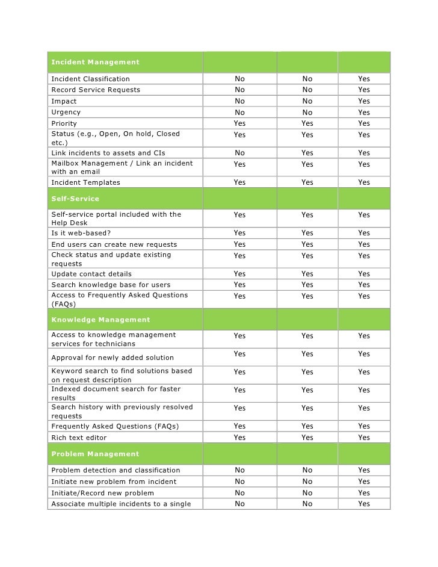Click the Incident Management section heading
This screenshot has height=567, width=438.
click(x=95, y=62)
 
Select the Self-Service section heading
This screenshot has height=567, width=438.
click(x=75, y=198)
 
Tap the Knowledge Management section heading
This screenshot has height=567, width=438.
click(x=100, y=319)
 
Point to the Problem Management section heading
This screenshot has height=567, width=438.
click(x=95, y=454)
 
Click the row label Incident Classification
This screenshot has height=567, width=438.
click(x=90, y=79)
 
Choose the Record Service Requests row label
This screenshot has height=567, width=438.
click(x=96, y=90)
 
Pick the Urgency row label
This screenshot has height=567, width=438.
click(x=66, y=112)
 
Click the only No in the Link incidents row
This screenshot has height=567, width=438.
click(x=239, y=153)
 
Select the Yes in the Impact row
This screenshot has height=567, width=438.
click(x=364, y=101)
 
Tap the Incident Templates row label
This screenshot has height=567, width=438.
click(x=85, y=182)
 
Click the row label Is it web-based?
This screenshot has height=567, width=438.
click(x=81, y=233)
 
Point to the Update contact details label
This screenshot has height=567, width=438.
click(x=91, y=274)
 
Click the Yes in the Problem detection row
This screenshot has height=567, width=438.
click(x=364, y=470)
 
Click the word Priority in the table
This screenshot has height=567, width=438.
click(x=64, y=123)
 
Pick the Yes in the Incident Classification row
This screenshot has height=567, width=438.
click(x=364, y=79)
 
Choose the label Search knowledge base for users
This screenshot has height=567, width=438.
click(x=111, y=285)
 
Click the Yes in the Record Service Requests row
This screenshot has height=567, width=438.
click(x=364, y=90)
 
